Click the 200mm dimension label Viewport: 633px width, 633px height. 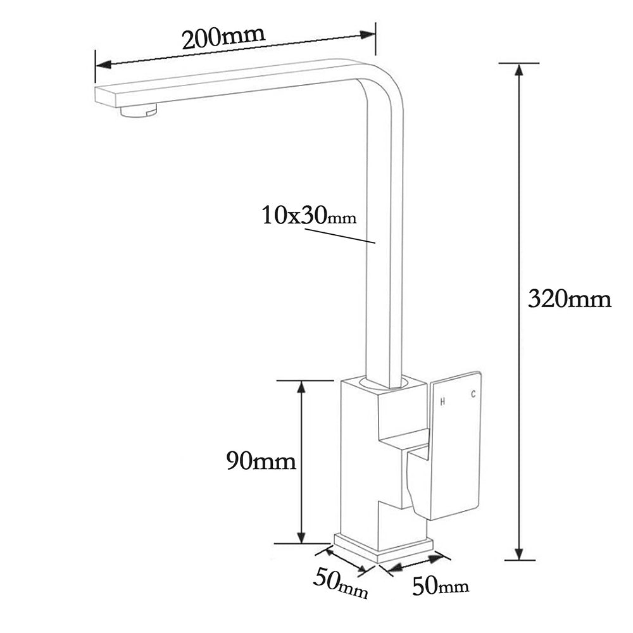click(x=223, y=38)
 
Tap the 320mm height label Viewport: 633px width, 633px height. click(x=569, y=298)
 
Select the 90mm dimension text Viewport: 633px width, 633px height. click(x=261, y=461)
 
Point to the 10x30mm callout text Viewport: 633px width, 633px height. click(x=309, y=216)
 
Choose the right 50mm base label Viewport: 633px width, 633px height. click(x=441, y=586)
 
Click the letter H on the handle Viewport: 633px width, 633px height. click(x=443, y=401)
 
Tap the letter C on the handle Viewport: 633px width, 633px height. click(x=472, y=395)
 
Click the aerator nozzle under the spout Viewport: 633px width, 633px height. click(x=138, y=112)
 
